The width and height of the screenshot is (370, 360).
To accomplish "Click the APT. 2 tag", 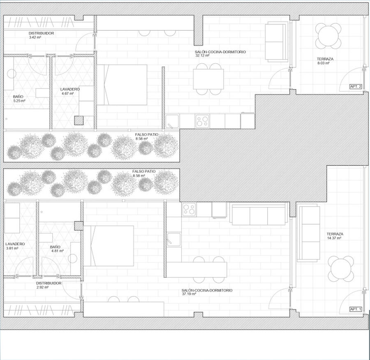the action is [x=356, y=86].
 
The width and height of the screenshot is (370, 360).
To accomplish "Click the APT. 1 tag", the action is [x=356, y=309].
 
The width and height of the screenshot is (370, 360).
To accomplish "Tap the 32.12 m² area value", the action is [x=202, y=56].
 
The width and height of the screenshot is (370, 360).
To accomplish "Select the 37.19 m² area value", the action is [x=189, y=294].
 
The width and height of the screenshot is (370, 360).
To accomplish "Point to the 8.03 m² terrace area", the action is [x=324, y=63].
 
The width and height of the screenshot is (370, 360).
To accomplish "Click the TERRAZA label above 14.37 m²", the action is [x=335, y=234].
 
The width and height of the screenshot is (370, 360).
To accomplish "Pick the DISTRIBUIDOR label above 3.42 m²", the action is [x=41, y=33].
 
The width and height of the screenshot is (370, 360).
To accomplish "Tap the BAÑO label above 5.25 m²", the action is [x=18, y=97].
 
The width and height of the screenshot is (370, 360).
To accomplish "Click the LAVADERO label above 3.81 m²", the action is [x=15, y=244].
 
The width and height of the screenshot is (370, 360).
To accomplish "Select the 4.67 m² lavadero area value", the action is [x=67, y=93].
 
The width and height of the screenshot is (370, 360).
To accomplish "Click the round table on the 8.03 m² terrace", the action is [x=328, y=36].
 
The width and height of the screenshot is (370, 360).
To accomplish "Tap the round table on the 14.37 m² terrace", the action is [x=341, y=269].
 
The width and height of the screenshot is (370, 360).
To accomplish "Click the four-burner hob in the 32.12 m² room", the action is [x=202, y=121].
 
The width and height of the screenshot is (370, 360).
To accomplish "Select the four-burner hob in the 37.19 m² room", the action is [x=189, y=209].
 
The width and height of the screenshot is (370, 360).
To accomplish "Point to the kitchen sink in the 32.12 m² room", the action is [x=172, y=121].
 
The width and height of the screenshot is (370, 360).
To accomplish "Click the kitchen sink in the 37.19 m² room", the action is [x=173, y=239].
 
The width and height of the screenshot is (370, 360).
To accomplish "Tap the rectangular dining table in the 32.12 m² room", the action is [x=208, y=79].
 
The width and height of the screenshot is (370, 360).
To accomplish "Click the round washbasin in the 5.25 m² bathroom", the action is [x=12, y=74].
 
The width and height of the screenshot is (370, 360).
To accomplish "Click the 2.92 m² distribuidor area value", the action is [x=42, y=287].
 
